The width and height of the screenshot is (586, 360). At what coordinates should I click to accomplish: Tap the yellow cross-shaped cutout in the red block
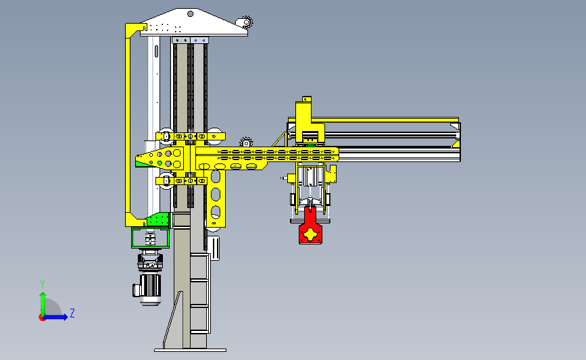[x=310, y=235]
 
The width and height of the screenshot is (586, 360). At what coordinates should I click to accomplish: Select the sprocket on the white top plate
[x=247, y=22]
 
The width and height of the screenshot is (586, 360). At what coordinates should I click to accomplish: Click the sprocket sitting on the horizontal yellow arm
[x=246, y=143]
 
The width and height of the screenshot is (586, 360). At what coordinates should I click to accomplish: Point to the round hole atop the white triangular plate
[x=190, y=14]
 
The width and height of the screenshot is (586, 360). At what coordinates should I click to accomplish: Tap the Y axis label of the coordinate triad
[x=43, y=284]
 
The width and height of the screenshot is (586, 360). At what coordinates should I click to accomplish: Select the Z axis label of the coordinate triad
[x=72, y=313]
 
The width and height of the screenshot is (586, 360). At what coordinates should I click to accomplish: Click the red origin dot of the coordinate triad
[x=42, y=318]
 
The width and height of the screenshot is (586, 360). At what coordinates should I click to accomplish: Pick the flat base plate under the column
[x=190, y=350]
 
